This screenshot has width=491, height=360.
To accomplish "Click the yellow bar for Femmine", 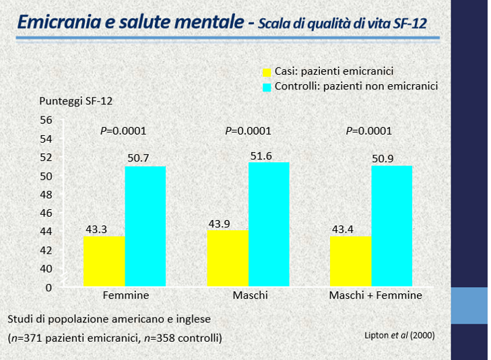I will point(104,260).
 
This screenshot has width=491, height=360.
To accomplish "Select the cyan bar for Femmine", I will point(145,226).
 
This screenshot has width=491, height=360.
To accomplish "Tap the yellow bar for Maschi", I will point(228,258).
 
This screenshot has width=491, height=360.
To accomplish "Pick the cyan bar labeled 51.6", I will point(269,224).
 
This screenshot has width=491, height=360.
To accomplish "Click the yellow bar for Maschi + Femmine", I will point(350,260).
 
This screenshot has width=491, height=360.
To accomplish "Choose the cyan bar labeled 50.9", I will point(391,226).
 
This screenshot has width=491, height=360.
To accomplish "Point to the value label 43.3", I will point(96,229).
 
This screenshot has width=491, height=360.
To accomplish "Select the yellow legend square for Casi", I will point(267,71).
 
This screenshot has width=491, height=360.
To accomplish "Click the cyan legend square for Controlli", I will point(267,86).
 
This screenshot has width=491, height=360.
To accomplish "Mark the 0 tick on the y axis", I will point(48,287).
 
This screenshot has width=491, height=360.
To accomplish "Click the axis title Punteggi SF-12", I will point(75,102).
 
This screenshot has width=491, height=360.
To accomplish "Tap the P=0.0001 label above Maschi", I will point(248,131).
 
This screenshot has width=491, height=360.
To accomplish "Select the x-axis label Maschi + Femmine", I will point(375,295).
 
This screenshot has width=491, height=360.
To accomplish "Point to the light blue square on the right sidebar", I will point(469,305).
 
